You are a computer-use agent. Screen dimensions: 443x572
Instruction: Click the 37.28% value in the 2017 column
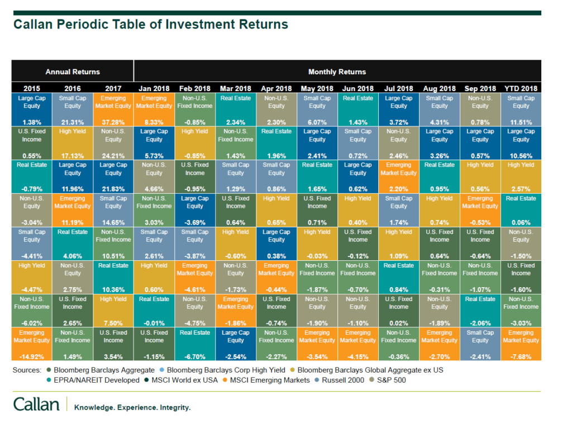(x=113, y=122)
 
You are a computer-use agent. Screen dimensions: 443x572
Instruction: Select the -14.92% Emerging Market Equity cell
(x=32, y=344)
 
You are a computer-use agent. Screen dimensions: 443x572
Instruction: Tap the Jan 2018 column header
(x=154, y=88)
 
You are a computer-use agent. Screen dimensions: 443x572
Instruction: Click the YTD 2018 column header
(x=521, y=88)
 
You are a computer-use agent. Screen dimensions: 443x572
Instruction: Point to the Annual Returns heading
(x=73, y=72)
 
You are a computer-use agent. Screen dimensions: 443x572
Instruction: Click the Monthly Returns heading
(x=337, y=72)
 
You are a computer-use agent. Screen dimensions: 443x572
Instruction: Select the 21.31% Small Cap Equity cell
(x=73, y=109)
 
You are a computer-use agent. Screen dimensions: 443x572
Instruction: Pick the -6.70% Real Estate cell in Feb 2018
(x=195, y=344)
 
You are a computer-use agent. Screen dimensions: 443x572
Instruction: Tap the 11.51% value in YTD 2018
(x=521, y=122)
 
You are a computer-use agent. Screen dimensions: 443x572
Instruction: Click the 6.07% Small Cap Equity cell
(x=317, y=109)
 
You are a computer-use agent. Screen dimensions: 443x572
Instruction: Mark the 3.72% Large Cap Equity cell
(x=399, y=109)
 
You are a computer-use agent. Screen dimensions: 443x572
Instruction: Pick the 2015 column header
(x=32, y=88)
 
